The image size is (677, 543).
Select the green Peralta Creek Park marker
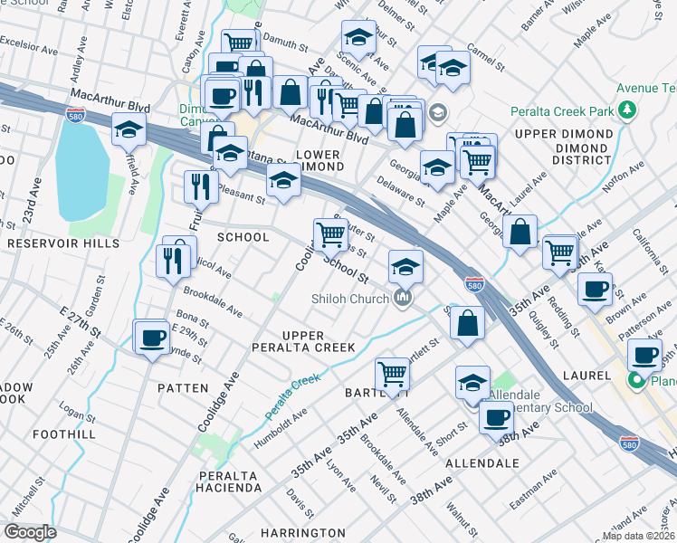tap(625, 111)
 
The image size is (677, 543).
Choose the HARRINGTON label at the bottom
tap(303, 532)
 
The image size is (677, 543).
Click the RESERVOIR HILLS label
tap(63, 243)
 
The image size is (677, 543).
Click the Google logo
tap(31, 531)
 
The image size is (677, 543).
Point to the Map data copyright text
tap(639, 536)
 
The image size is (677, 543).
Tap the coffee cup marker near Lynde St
tap(151, 338)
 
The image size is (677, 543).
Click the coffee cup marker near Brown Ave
tap(595, 289)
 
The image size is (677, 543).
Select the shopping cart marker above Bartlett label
tap(392, 372)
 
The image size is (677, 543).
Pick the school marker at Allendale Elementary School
tap(472, 382)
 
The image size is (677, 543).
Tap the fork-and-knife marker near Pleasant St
tap(198, 186)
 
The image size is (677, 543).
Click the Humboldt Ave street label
tap(286, 422)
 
